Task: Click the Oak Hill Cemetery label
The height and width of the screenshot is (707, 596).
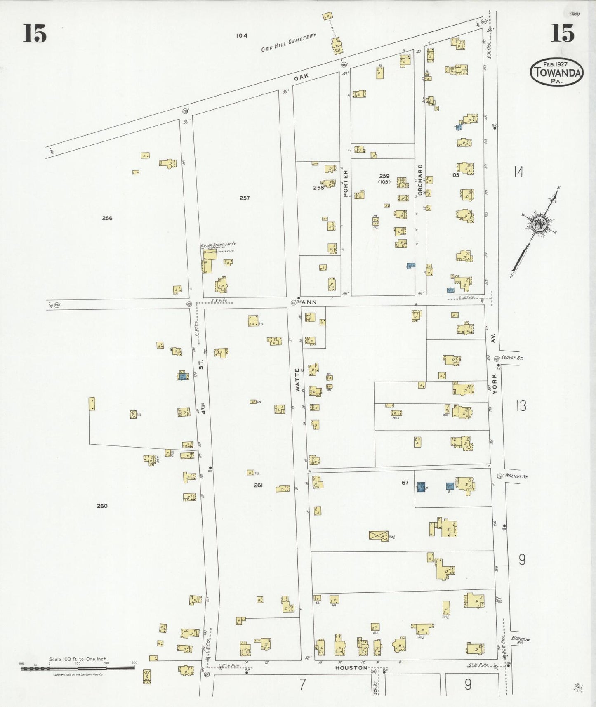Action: click(289, 42)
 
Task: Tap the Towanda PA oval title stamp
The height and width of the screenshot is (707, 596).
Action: click(556, 72)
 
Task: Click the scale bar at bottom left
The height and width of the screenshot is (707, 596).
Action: click(78, 667)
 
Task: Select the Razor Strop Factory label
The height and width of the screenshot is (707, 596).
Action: click(218, 245)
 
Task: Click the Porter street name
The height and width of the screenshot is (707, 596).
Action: click(346, 183)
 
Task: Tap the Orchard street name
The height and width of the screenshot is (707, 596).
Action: click(420, 179)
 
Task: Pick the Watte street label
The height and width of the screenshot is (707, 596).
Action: click(297, 379)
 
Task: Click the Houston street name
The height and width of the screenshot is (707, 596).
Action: click(351, 667)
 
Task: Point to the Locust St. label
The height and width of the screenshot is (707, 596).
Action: click(512, 358)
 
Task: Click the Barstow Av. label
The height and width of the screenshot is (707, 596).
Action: click(520, 640)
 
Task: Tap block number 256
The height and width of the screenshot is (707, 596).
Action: click(107, 218)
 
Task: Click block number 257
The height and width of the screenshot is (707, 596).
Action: click(245, 198)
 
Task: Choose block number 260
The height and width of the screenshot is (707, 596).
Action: click(102, 506)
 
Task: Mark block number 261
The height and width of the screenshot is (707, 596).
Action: click(258, 485)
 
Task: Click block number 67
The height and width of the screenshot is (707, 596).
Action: click(405, 483)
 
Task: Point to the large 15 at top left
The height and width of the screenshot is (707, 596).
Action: click(35, 33)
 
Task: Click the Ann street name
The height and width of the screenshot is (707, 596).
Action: click(309, 302)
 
